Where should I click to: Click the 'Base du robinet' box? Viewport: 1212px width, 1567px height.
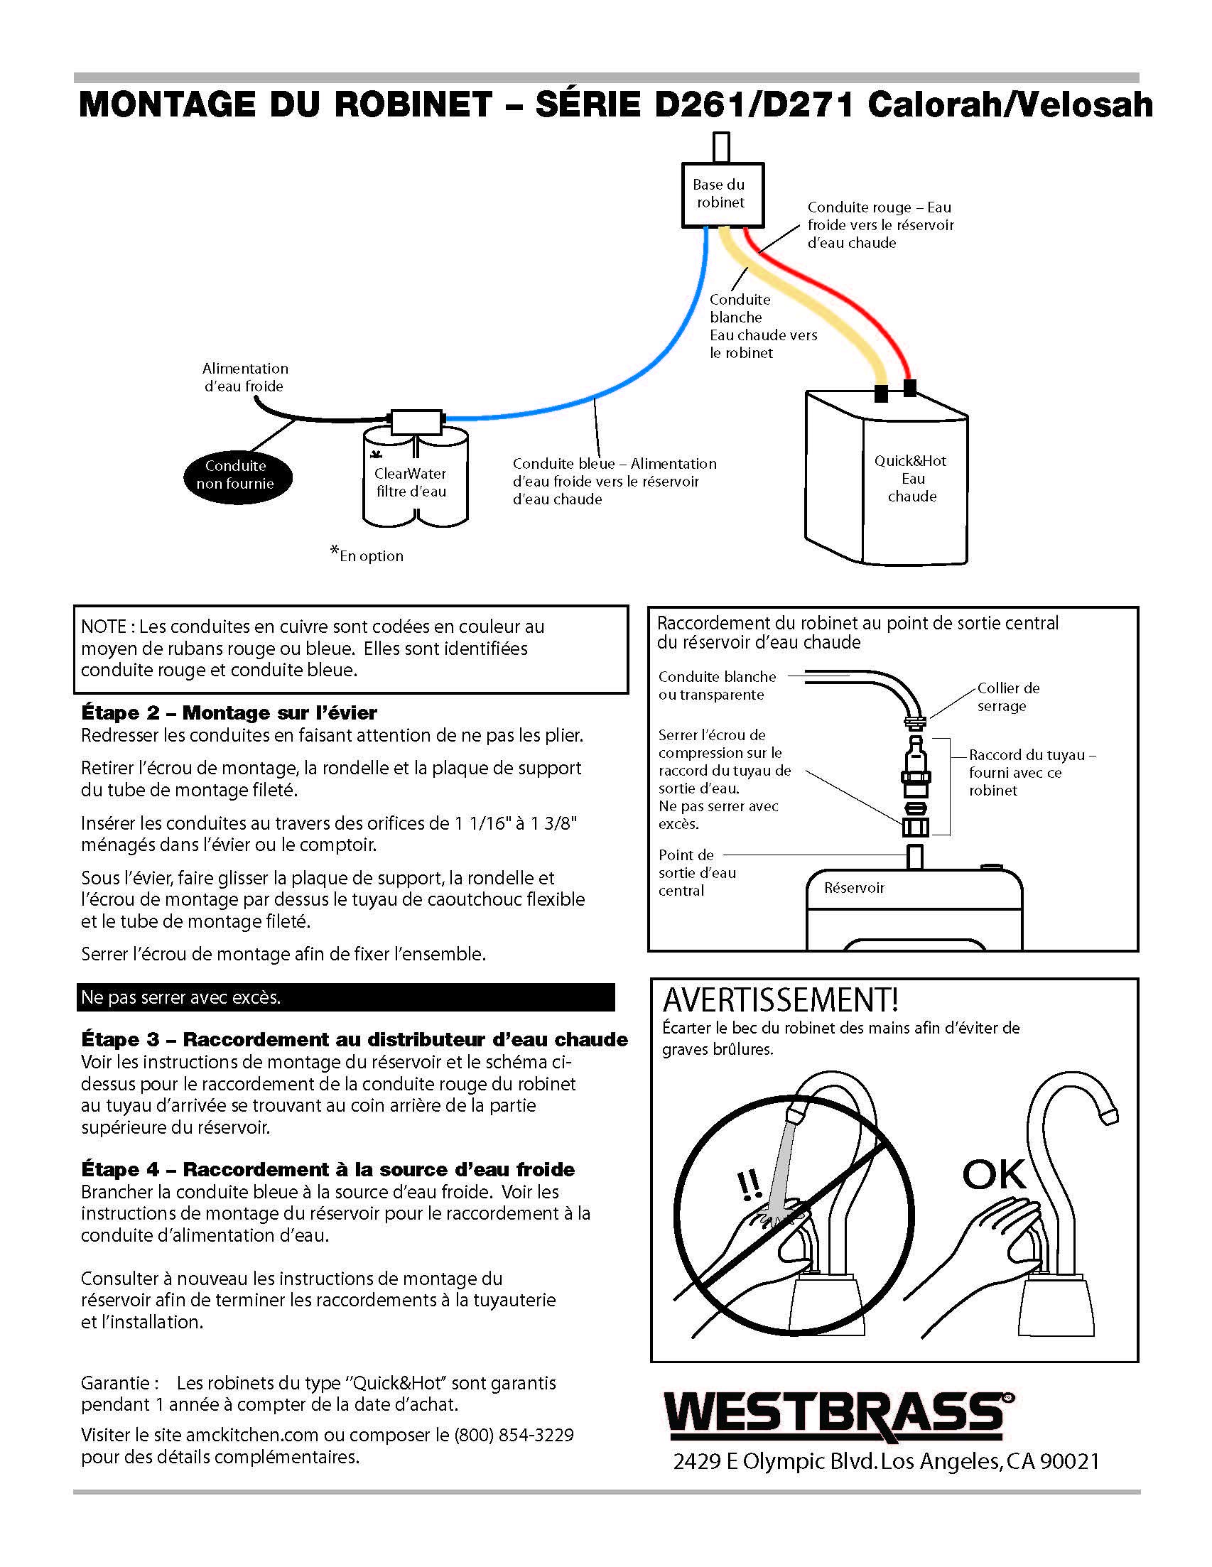click(721, 194)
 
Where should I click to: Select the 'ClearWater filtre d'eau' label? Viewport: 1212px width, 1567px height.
click(411, 482)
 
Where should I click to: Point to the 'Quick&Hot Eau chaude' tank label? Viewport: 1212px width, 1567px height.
click(911, 479)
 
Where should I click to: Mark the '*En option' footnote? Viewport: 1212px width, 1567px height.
click(367, 555)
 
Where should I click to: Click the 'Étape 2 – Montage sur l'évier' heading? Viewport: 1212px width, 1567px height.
click(229, 712)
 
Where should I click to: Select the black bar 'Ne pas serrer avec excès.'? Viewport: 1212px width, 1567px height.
click(345, 997)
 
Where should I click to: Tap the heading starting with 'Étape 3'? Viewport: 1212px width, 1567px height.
click(355, 1039)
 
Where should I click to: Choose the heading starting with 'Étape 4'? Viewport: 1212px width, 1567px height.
click(328, 1169)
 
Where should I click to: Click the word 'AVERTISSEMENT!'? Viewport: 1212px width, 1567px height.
click(780, 1000)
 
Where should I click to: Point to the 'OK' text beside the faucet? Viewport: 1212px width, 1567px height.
click(994, 1174)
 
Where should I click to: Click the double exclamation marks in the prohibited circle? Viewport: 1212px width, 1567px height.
click(750, 1187)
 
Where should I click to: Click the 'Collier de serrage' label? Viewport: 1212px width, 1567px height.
click(1007, 697)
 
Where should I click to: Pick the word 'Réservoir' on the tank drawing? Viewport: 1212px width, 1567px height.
click(854, 888)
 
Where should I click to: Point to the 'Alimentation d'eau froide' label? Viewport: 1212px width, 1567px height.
click(244, 377)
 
